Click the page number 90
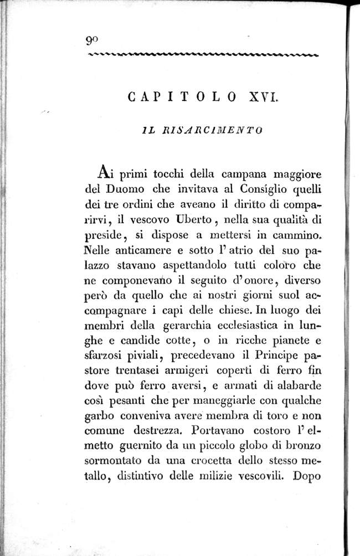[92, 40]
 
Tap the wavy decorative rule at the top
[203, 54]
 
